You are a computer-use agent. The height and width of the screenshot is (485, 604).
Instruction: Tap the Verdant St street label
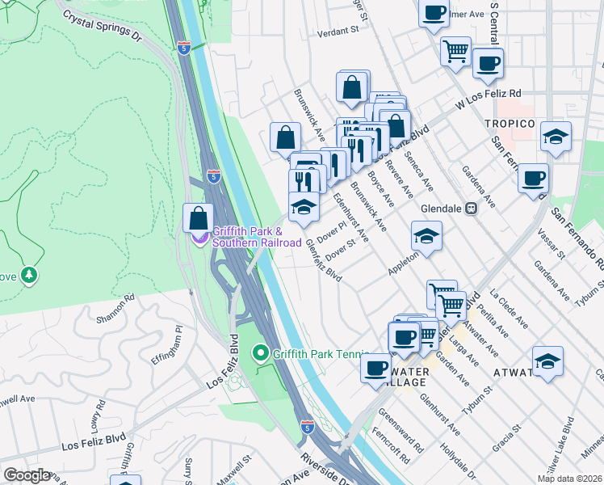[x=337, y=31]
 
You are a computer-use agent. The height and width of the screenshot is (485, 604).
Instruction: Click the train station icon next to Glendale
[x=472, y=208]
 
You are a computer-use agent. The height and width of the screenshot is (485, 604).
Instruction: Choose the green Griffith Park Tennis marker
[x=260, y=353]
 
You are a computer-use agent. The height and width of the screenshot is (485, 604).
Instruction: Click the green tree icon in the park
[x=30, y=276]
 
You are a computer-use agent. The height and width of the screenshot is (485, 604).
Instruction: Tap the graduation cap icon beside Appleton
[x=426, y=236]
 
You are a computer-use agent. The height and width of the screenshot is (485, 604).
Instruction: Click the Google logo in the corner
[x=27, y=474]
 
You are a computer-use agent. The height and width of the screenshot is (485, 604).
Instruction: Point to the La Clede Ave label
[x=508, y=310]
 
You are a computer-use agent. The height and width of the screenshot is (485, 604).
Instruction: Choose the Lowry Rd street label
[x=98, y=415]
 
